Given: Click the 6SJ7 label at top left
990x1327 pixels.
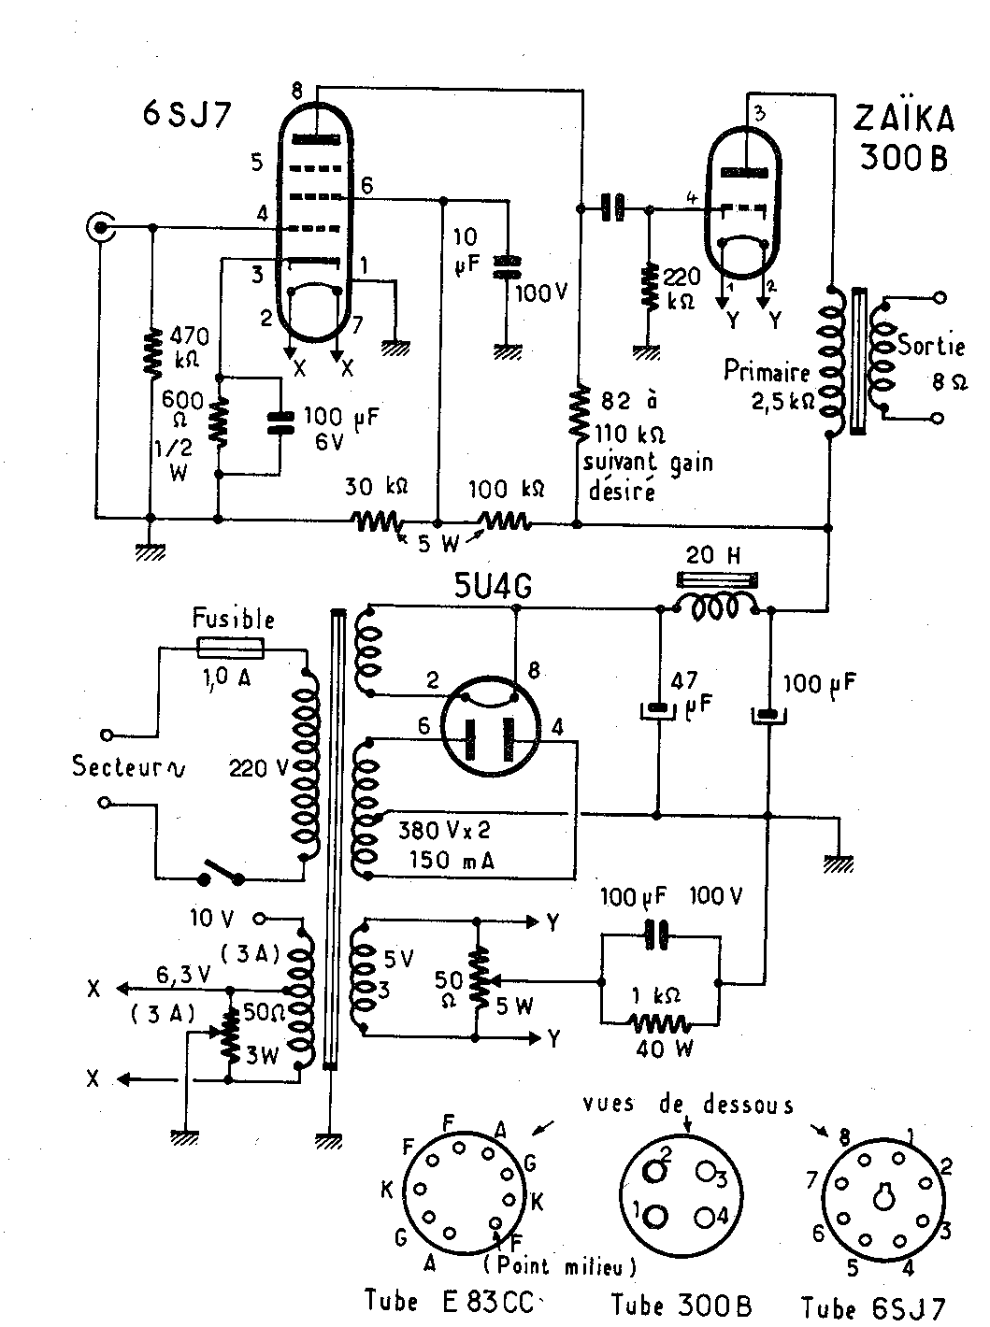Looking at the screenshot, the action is coord(187,114).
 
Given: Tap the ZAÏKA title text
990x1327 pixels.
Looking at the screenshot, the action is coord(904,119).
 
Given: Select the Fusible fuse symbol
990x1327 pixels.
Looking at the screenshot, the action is coord(230,649).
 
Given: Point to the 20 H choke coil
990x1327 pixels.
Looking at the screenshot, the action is coord(714,608).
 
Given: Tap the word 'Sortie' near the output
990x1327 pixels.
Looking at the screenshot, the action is coord(931,346).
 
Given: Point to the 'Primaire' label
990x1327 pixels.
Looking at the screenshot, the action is coord(767,371).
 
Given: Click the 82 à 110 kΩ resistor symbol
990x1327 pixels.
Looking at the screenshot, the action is coord(579,412).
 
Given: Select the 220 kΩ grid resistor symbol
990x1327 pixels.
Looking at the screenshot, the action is coord(650,288).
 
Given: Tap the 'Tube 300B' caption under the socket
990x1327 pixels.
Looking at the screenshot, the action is coord(682,1305).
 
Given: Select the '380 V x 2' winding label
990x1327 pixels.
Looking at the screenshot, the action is coord(444,831).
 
